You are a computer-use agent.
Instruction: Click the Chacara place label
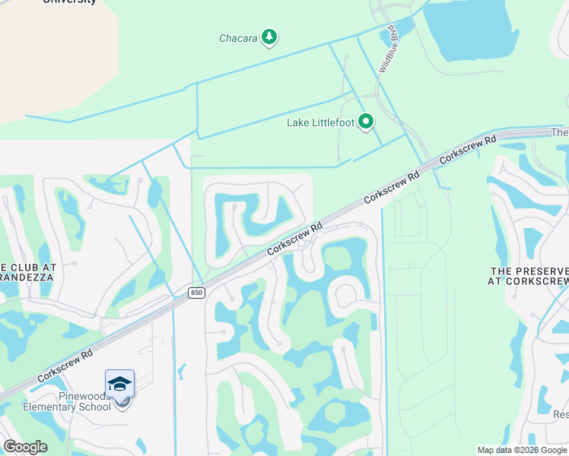tap(238, 37)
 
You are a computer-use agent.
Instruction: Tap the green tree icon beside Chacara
tap(269, 36)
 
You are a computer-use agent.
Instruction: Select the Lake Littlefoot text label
tap(320, 122)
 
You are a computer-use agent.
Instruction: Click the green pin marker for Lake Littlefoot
tap(366, 121)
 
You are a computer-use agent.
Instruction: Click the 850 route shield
tap(196, 293)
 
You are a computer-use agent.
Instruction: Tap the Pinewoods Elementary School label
tap(67, 401)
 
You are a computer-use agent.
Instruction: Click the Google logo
tap(25, 447)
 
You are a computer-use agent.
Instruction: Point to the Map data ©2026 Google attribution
tap(522, 450)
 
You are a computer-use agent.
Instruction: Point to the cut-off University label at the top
tap(70, 2)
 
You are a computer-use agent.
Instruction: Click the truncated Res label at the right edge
tap(560, 415)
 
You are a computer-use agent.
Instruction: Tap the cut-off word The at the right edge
tap(560, 133)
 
